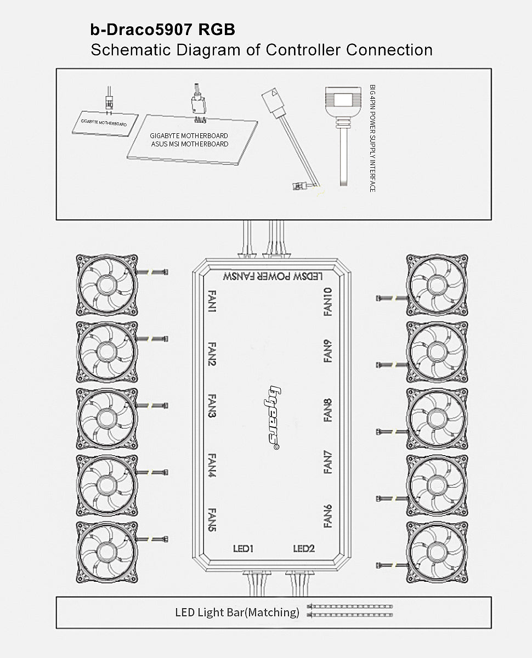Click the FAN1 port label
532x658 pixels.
(x=212, y=301)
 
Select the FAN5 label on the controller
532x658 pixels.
(x=212, y=520)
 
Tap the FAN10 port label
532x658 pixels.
(x=328, y=302)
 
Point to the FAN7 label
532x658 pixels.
(x=328, y=462)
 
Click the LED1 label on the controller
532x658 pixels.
(x=243, y=549)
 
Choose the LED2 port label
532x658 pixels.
(x=304, y=549)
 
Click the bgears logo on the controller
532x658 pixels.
(x=272, y=417)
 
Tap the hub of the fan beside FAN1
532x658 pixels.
(x=106, y=285)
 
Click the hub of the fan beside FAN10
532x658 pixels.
(x=437, y=285)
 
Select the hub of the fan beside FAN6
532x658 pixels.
(x=437, y=552)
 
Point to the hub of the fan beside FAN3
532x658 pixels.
(x=106, y=418)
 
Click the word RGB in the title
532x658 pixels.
(x=217, y=30)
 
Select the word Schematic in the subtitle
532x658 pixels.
(x=131, y=50)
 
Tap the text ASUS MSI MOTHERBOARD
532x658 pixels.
(x=190, y=144)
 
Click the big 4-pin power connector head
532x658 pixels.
(x=343, y=101)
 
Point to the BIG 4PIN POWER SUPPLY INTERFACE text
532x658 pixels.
(x=372, y=138)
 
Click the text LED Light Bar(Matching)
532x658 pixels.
(x=237, y=612)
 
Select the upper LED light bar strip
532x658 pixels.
(x=350, y=606)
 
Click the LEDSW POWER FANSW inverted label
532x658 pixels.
(x=273, y=276)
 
